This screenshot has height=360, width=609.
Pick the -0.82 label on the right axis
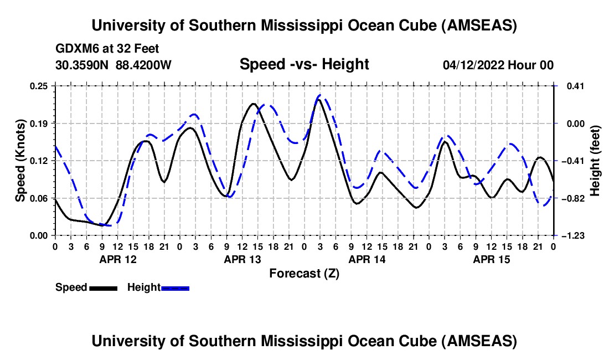click(x=572, y=198)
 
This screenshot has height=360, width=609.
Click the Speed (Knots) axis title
click(x=20, y=160)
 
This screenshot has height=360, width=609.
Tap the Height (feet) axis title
click(x=595, y=160)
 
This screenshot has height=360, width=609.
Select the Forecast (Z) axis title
click(x=304, y=273)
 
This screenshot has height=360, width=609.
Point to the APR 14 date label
click(x=366, y=259)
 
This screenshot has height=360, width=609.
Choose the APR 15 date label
click(x=491, y=259)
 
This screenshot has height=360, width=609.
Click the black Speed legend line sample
click(x=102, y=288)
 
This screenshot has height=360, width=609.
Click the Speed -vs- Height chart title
click(x=304, y=65)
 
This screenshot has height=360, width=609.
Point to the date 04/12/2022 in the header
click(x=473, y=65)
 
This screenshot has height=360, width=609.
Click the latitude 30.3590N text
click(x=82, y=65)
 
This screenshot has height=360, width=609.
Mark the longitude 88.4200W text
click(x=143, y=65)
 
